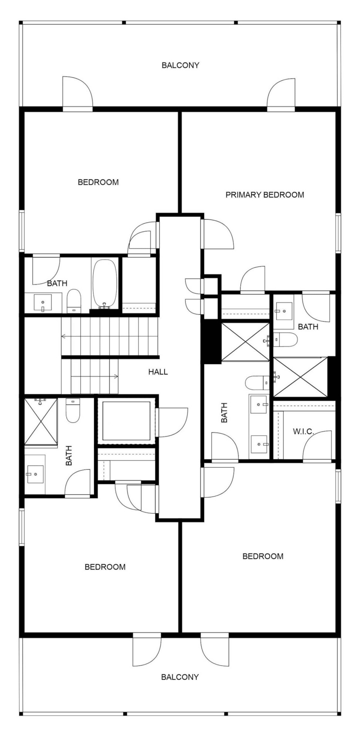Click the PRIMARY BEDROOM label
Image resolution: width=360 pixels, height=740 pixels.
click(x=265, y=195)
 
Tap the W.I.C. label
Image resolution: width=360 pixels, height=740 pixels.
click(x=303, y=431)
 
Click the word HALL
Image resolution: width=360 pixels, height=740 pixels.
click(x=158, y=372)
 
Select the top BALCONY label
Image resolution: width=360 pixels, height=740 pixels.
click(x=180, y=65)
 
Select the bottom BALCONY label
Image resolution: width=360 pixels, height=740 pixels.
click(x=180, y=677)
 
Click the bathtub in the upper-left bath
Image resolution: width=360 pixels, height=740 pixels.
click(x=105, y=284)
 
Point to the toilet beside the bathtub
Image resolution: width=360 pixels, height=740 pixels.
click(x=74, y=300)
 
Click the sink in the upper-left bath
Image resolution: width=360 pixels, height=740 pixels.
click(x=43, y=303)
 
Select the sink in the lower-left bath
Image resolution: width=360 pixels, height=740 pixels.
click(x=35, y=474)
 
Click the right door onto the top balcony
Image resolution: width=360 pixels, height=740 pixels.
click(x=282, y=94)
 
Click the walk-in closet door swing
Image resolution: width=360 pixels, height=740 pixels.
click(x=317, y=446)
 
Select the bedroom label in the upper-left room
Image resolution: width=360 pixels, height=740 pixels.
click(x=98, y=182)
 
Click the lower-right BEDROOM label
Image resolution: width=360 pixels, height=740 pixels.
click(x=263, y=556)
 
